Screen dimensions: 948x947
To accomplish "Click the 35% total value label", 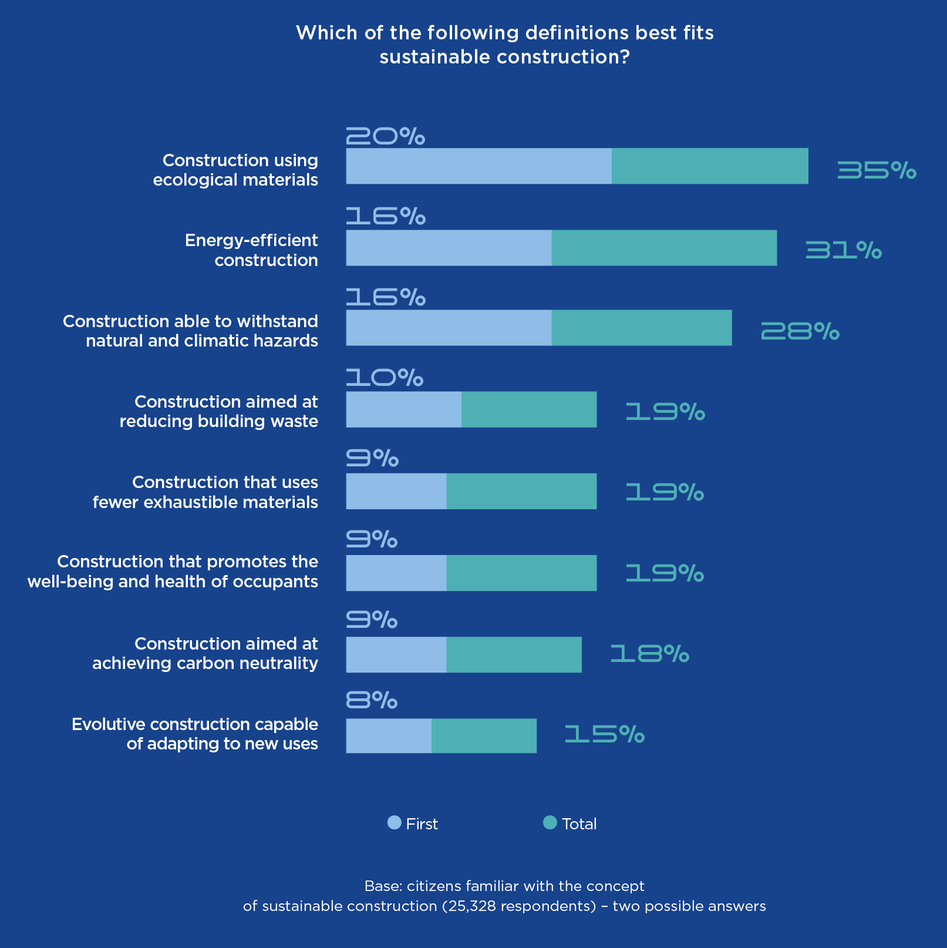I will [x=876, y=170].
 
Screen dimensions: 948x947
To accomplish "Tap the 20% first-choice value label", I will [x=385, y=136].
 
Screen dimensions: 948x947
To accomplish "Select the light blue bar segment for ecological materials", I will [x=478, y=166].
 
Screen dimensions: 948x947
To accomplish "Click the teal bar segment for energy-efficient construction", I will [x=664, y=248].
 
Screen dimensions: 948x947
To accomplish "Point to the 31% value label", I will [x=843, y=251].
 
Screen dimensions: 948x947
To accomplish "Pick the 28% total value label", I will [x=800, y=332].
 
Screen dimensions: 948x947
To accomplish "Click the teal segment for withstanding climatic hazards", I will [x=642, y=328].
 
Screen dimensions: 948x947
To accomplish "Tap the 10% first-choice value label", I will [x=385, y=378].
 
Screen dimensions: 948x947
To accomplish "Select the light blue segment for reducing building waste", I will [x=403, y=409].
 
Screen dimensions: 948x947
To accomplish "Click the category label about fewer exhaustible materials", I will [x=205, y=492].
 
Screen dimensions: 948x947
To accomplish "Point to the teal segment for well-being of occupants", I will [x=521, y=573].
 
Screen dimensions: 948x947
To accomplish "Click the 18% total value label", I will [x=649, y=654].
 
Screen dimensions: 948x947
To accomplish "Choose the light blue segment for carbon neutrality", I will [x=396, y=654].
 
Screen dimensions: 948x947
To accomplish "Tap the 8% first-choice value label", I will [x=372, y=700].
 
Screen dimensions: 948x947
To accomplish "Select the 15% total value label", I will [x=604, y=734].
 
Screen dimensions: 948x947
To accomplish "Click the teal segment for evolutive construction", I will [x=484, y=735].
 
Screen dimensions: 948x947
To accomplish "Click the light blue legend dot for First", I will [x=395, y=823].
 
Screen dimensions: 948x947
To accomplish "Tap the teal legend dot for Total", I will [x=550, y=823].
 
